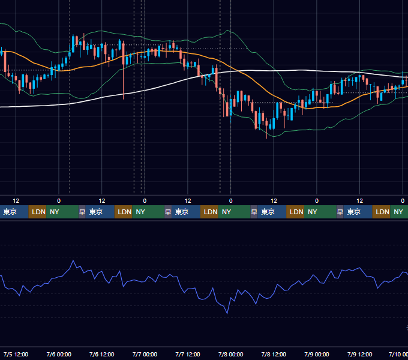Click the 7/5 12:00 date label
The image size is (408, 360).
(16, 354)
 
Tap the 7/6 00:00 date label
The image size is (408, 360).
(59, 354)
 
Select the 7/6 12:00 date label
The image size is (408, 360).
(102, 354)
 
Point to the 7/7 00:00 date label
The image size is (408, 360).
(145, 354)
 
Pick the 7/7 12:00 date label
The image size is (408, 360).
(188, 354)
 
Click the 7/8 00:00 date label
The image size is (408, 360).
(230, 354)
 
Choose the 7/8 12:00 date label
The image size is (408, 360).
(274, 354)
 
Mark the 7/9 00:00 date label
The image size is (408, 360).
(317, 354)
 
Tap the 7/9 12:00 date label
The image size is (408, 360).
(359, 354)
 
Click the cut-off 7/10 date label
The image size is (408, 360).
(398, 354)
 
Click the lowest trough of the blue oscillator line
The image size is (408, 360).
(227, 313)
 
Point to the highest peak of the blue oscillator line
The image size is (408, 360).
(73, 260)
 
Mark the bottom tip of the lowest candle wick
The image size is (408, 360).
(267, 139)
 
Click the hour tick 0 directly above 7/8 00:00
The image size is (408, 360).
(230, 201)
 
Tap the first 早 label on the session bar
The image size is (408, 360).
(82, 212)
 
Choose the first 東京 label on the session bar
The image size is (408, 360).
(10, 212)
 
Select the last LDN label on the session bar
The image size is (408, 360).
(383, 212)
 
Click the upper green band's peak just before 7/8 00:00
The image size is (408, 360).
(227, 30)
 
